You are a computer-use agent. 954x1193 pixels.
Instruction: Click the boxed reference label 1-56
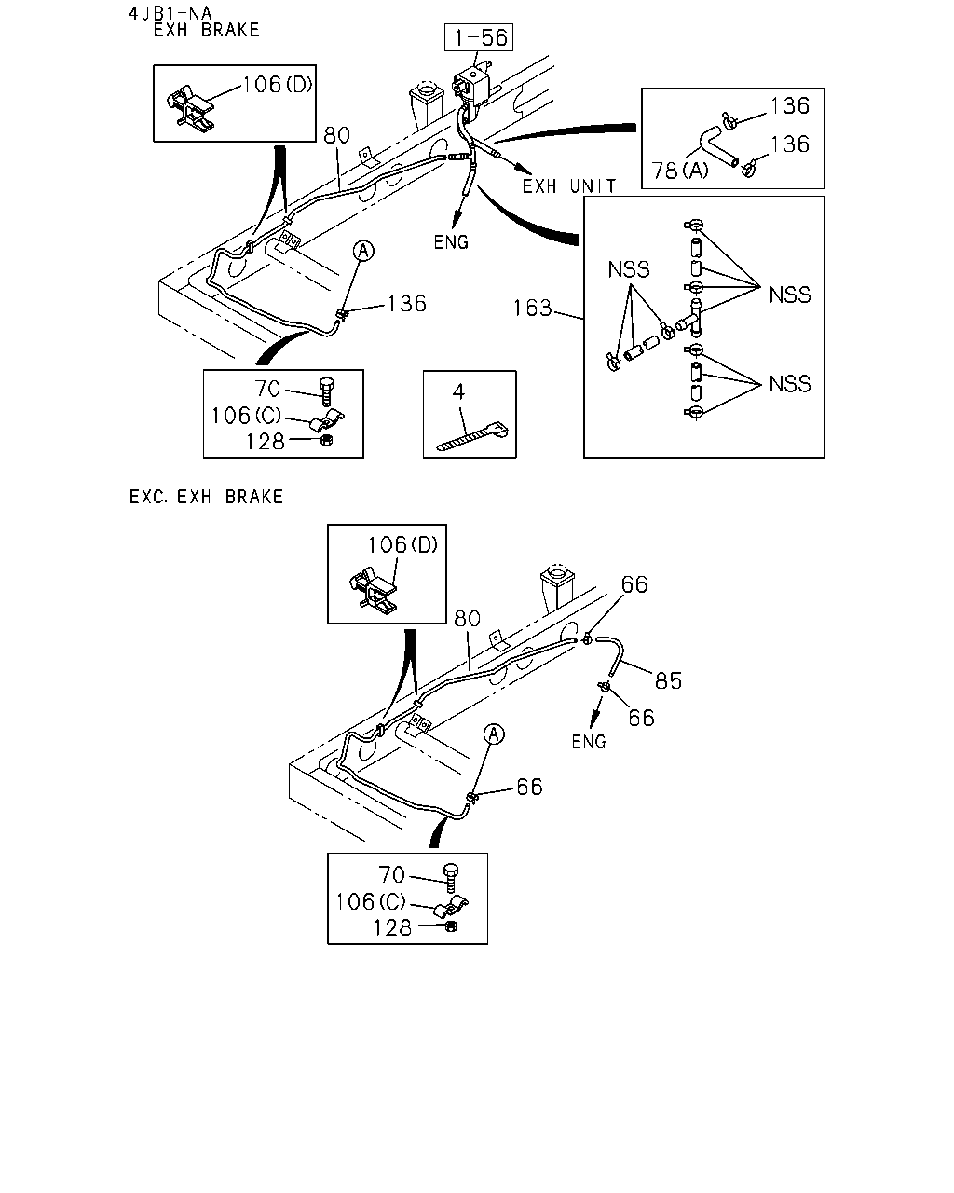tap(479, 37)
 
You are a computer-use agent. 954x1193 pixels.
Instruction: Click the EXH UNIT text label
tap(569, 186)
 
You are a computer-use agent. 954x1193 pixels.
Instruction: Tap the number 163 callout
tap(532, 309)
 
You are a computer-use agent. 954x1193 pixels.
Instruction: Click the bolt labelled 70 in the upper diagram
tap(327, 392)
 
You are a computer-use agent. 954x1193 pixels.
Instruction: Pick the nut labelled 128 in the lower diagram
tap(451, 926)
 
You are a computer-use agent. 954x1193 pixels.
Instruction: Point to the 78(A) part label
tap(680, 171)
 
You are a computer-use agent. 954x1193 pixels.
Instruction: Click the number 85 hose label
tap(668, 680)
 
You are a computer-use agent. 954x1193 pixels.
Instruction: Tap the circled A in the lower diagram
tap(494, 735)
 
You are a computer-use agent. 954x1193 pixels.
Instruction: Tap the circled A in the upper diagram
tap(363, 251)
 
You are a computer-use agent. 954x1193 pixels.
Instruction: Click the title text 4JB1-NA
tap(170, 13)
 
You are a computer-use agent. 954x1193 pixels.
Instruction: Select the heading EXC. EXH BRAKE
tap(206, 497)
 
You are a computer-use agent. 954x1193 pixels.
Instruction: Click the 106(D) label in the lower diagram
tap(403, 545)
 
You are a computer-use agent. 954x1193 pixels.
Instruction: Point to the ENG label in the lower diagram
tap(589, 742)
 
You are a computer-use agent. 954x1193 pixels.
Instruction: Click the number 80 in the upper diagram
tap(336, 135)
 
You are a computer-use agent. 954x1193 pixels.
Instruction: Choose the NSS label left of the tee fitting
tap(629, 269)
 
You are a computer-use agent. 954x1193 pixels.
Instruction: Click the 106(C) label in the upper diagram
tap(246, 416)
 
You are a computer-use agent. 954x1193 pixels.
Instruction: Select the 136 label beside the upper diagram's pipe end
tap(407, 304)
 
